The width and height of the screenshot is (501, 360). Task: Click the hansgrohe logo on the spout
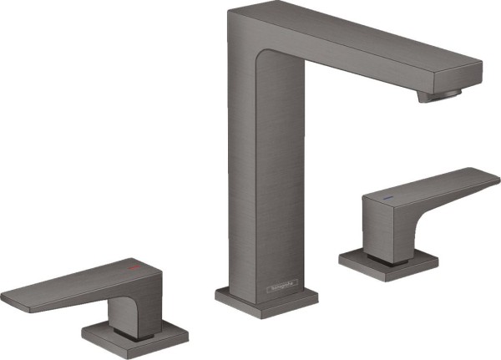pos(281,290)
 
